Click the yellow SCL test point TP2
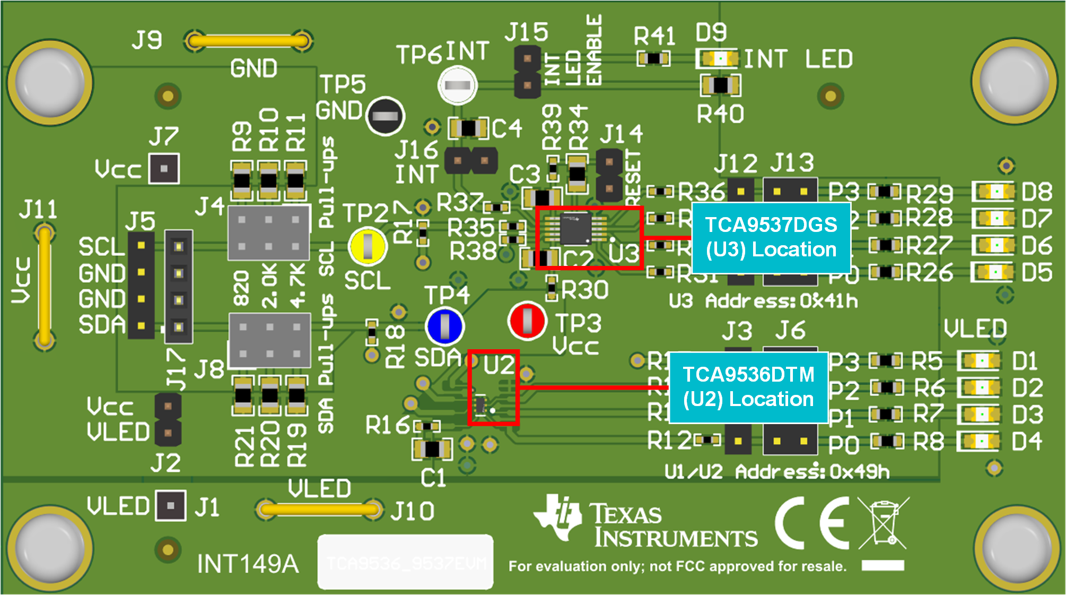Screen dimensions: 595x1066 [x=367, y=246]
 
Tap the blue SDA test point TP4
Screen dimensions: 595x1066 [x=444, y=326]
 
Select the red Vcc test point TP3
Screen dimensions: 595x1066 [x=527, y=321]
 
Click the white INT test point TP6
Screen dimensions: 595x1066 [x=457, y=85]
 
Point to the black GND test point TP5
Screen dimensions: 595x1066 [x=385, y=116]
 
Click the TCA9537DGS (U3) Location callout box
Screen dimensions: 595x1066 [x=771, y=237]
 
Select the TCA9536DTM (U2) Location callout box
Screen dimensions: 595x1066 [x=748, y=387]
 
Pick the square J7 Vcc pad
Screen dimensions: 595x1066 [x=164, y=169]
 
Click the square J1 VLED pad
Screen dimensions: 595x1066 [x=171, y=506]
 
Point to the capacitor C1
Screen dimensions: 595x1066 [x=432, y=449]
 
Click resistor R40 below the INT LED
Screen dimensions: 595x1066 [x=720, y=85]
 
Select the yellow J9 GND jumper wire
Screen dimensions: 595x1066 [x=248, y=41]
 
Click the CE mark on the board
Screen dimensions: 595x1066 [x=811, y=523]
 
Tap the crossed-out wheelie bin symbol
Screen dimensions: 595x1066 [x=882, y=523]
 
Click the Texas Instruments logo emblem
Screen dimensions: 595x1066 [x=558, y=518]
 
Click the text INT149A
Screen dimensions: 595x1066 [x=248, y=564]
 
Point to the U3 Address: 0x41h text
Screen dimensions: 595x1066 [x=763, y=301]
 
